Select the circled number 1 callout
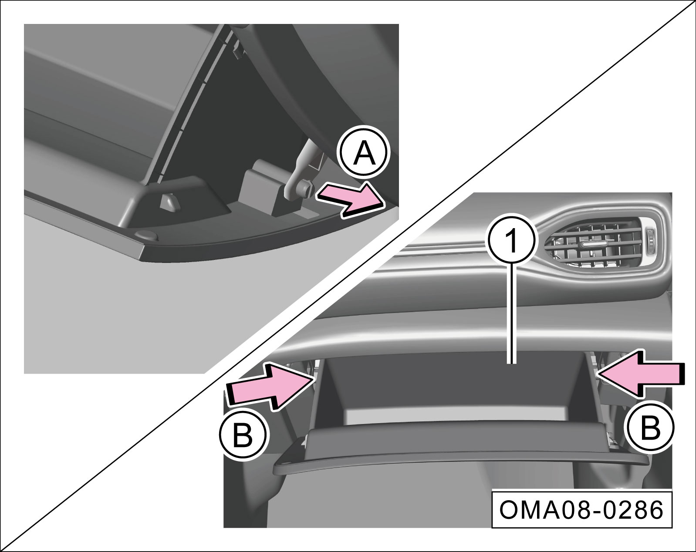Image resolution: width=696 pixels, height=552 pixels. [512, 241]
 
